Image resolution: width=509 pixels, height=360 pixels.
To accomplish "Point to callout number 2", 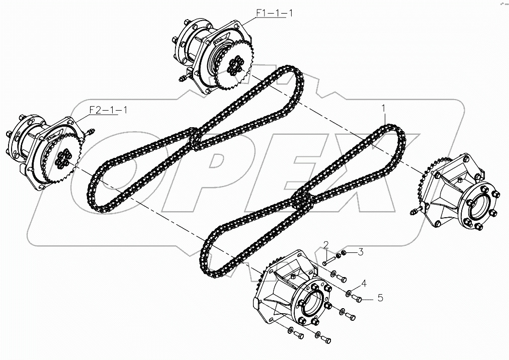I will click(x=326, y=245).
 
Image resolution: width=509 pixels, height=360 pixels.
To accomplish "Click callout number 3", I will click(x=360, y=252).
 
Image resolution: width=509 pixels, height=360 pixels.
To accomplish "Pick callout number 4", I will click(x=363, y=284).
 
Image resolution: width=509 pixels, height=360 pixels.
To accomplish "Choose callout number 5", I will click(x=380, y=298).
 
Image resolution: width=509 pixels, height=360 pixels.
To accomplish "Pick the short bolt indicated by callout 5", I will click(x=359, y=298).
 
